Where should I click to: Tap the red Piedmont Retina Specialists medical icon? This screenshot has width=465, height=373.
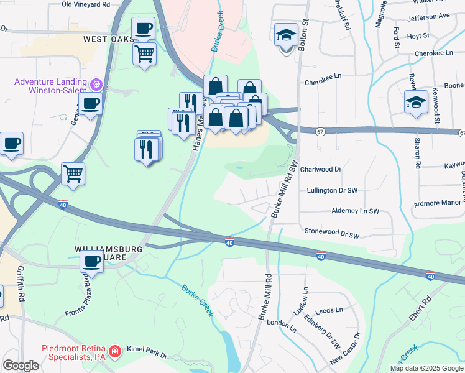point(114,352)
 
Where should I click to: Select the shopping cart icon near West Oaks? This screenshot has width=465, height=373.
point(144,55)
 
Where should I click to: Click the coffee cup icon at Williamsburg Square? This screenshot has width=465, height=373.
point(91,262)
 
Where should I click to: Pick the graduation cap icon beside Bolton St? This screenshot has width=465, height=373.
point(286,35)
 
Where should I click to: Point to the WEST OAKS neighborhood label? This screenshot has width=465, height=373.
point(109,39)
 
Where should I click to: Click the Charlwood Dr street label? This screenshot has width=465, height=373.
point(321,169)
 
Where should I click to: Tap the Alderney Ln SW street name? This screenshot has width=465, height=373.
point(355,211)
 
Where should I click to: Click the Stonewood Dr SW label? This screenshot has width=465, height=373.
point(333,233)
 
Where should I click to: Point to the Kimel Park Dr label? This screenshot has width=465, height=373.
point(147,352)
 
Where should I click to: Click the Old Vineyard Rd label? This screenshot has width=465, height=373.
point(86,4)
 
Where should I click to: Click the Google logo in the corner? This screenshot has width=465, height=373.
point(21,366)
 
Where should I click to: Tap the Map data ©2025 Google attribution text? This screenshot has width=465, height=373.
point(426,368)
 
